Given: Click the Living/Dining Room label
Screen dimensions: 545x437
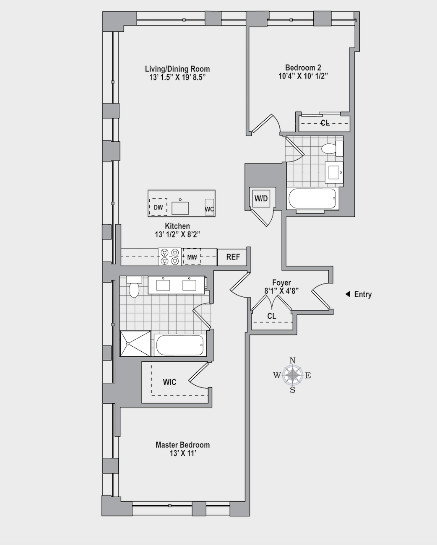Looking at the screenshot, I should (177, 69).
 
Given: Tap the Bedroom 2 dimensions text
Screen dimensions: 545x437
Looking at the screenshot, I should (303, 76).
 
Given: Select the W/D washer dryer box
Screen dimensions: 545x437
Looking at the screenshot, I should (261, 198).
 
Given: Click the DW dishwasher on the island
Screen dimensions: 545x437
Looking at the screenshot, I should (158, 207).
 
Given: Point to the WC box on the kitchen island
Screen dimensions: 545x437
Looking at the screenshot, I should (209, 208).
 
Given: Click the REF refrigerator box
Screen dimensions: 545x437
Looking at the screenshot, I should (233, 257).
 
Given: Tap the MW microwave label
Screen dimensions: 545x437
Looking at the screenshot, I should (192, 257).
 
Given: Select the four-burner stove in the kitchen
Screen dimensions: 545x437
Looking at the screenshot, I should (169, 257).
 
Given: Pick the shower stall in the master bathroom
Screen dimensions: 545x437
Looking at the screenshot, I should (135, 344).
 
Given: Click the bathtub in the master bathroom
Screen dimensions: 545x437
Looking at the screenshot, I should (179, 345).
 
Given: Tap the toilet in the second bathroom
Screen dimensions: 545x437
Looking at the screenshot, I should (330, 149).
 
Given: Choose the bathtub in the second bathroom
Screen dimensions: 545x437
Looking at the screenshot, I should (312, 199).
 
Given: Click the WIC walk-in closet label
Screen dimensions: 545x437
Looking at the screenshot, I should (169, 382).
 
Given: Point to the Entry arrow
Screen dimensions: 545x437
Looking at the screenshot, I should (347, 294).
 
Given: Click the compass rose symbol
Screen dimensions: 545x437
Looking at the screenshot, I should (293, 375).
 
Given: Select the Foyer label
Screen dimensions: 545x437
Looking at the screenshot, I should (281, 283).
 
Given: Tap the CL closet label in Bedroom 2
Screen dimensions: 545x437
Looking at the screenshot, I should (325, 123).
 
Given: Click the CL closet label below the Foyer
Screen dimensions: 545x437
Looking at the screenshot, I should (272, 316).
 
